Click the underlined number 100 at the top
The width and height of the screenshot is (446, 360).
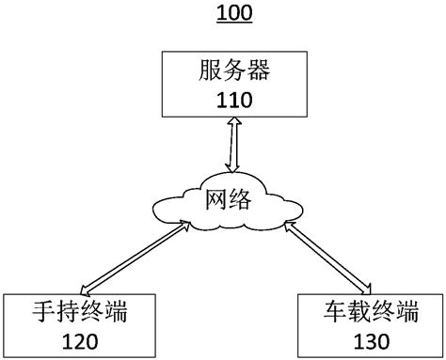point(222,14)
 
